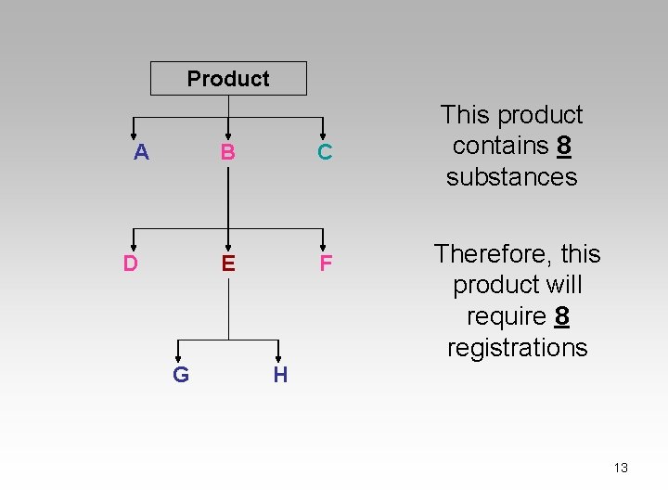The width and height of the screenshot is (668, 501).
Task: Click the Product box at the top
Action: [228, 79]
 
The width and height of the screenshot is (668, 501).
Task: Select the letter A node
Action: [141, 152]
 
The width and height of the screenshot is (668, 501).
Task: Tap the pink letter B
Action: [227, 152]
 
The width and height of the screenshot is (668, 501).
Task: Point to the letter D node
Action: [131, 263]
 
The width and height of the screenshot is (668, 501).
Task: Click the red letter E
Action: [228, 263]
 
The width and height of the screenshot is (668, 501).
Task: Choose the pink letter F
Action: [326, 264]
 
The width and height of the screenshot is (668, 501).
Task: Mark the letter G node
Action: [181, 375]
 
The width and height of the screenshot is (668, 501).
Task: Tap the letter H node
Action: [280, 375]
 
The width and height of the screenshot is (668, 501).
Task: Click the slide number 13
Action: [621, 468]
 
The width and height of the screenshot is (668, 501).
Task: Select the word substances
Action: [511, 177]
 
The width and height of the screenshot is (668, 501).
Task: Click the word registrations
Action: [517, 348]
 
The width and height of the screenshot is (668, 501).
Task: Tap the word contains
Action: [500, 146]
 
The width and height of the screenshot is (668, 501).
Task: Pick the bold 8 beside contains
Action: [563, 146]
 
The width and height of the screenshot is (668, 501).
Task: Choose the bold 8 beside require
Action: [560, 316]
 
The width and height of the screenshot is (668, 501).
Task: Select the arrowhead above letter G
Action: [179, 356]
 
